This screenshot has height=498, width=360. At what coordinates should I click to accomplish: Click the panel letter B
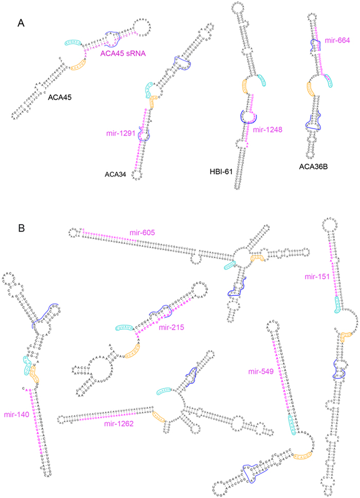21,227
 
